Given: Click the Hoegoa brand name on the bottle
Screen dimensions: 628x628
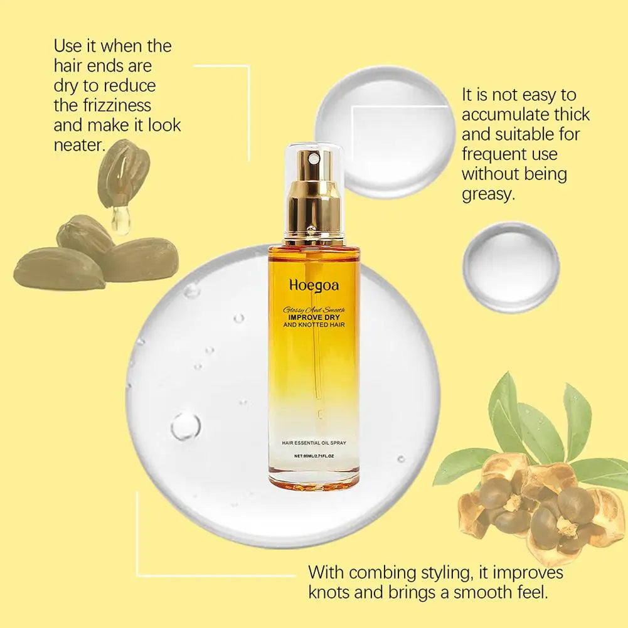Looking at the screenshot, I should tap(314, 285).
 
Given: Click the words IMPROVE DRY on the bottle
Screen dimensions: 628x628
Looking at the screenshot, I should tap(314, 317).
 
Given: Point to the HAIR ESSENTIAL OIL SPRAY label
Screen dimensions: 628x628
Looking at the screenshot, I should tap(314, 444).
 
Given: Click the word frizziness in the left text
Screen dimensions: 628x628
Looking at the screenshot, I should tap(102, 104).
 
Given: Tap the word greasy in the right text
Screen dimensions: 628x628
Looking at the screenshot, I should tap(487, 193).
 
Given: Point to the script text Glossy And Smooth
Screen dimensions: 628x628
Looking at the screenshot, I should tap(314, 309).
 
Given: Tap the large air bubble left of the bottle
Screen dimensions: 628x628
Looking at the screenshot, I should tap(186, 425).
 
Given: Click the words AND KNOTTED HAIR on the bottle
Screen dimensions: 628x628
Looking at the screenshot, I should tap(314, 324).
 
